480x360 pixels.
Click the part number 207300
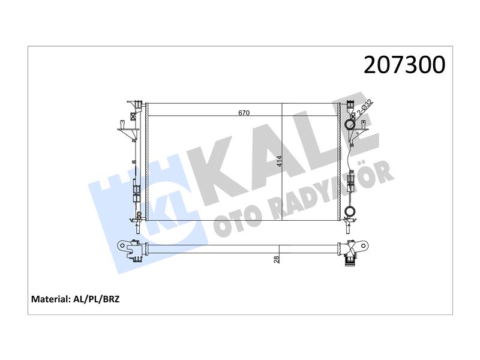click(x=404, y=65)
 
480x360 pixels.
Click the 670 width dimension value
click(x=244, y=113)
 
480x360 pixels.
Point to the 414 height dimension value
click(x=279, y=161)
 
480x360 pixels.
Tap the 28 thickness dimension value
click(x=277, y=260)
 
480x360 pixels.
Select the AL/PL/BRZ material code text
click(x=97, y=299)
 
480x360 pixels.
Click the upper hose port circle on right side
click(x=350, y=124)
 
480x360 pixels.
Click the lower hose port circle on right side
click(x=350, y=211)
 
